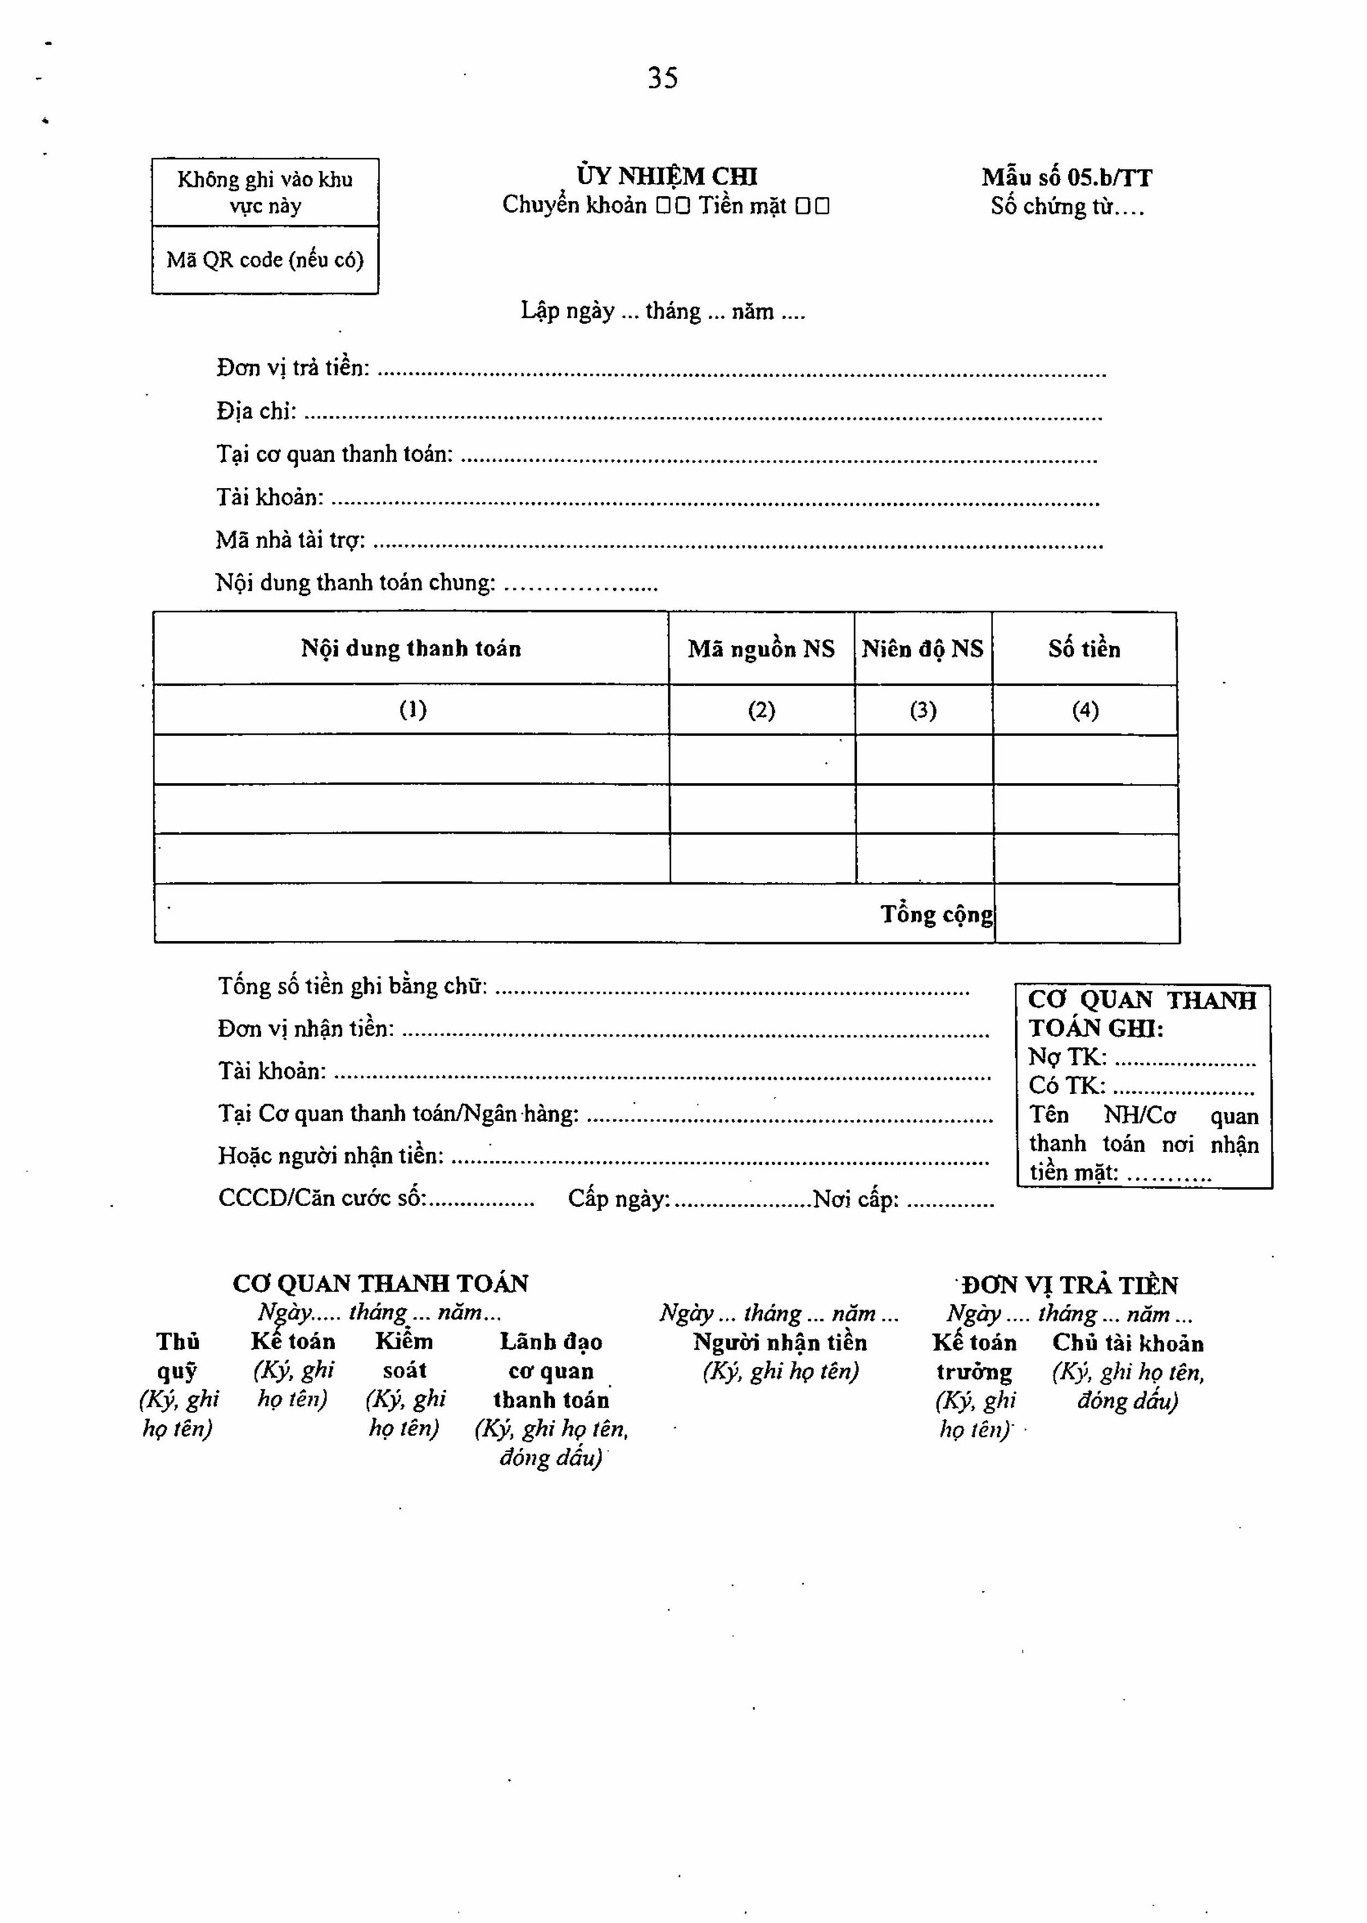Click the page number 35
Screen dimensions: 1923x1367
(x=662, y=79)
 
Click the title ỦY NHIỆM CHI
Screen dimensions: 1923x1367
(x=666, y=177)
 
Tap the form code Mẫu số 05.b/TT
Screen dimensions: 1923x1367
(x=1066, y=178)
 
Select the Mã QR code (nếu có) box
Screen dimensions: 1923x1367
(x=265, y=260)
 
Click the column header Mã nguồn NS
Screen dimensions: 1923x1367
(x=761, y=649)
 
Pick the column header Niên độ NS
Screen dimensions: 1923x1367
(x=923, y=649)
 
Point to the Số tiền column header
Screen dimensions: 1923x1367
(x=1084, y=649)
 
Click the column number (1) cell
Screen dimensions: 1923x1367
(x=412, y=709)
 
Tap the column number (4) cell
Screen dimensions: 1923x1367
(x=1085, y=710)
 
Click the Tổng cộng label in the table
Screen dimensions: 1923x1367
(x=936, y=914)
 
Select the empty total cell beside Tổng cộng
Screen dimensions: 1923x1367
(x=1087, y=914)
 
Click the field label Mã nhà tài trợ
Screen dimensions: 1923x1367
(x=290, y=541)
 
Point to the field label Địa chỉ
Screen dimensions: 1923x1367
(x=256, y=411)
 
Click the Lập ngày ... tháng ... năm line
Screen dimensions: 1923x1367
(x=662, y=312)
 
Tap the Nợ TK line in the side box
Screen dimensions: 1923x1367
(x=1141, y=1057)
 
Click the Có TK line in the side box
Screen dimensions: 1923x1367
(x=1141, y=1087)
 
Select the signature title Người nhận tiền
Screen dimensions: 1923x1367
(x=779, y=1342)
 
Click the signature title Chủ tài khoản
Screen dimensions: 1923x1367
(x=1128, y=1343)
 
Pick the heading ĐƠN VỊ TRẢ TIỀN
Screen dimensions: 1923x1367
(x=1070, y=1285)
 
